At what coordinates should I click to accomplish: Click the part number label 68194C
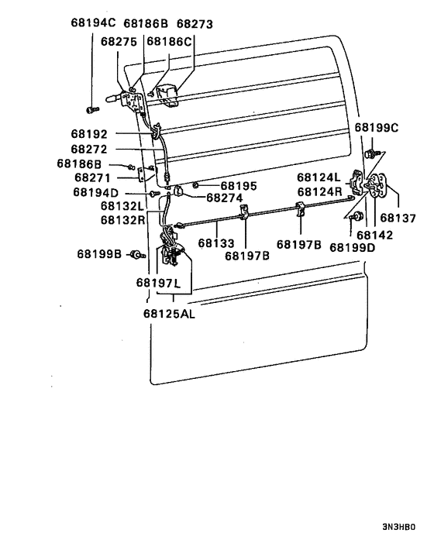pos(93,22)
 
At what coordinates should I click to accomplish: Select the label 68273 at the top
pos(195,24)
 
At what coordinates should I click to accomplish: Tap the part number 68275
pos(119,42)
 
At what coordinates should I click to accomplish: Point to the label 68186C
pos(169,41)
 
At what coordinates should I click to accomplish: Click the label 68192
pos(89,133)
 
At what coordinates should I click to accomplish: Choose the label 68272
pos(89,149)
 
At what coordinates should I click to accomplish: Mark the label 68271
pos(92,177)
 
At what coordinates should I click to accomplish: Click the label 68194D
pos(96,192)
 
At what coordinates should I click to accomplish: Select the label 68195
pos(239,186)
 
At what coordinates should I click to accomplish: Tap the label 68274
pos(225,198)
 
